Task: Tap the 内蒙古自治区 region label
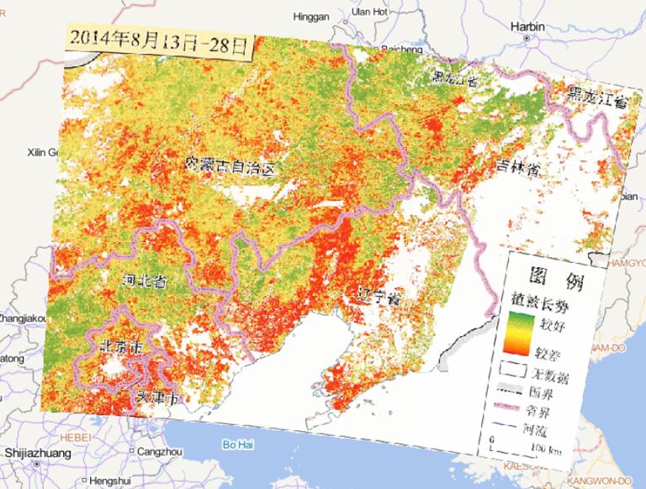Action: [x=230, y=166]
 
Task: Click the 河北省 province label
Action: [x=144, y=281]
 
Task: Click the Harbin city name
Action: [x=527, y=27]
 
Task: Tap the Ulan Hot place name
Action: [x=368, y=12]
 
